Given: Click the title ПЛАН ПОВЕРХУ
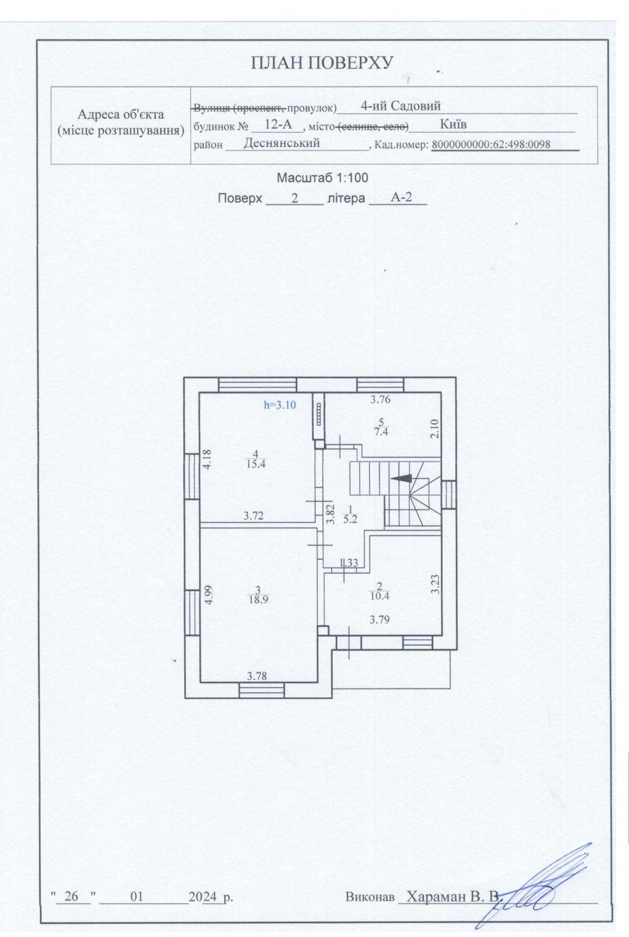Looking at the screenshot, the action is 322,63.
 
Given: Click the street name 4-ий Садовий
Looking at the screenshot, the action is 400,106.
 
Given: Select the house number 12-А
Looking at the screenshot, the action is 278,124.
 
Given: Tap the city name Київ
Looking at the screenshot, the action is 453,124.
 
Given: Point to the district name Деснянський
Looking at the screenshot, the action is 281,143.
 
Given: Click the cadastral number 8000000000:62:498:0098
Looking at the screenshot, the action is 491,145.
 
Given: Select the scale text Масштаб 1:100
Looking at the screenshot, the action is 322,178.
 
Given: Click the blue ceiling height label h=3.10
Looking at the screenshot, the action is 280,404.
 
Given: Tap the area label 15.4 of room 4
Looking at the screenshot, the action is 255,464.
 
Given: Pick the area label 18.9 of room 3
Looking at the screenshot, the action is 258,600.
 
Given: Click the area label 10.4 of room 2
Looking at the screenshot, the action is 379,595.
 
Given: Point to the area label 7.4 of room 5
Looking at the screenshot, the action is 382,432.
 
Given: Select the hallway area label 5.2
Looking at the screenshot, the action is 349,519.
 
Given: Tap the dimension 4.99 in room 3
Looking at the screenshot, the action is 209,595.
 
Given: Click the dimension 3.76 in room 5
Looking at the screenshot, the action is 380,399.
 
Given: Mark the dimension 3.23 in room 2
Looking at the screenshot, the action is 436,585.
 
